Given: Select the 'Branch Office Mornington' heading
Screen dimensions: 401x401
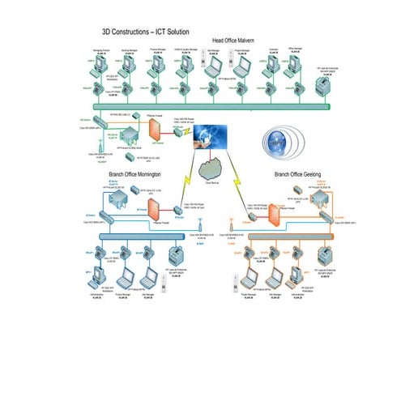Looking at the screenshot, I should pyautogui.click(x=134, y=174).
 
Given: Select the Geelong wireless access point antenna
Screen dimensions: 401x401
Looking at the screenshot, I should pyautogui.click(x=229, y=221).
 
